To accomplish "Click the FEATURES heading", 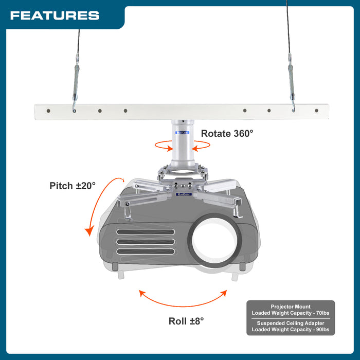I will pos(55,15).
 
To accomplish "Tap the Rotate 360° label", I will pos(227,133).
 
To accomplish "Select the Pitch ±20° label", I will pos(73,186).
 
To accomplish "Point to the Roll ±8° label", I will pos(186,321).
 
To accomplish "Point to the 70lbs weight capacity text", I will pos(319,313).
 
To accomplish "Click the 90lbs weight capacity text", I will pos(319,330).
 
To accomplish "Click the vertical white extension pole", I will pos(183,139).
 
